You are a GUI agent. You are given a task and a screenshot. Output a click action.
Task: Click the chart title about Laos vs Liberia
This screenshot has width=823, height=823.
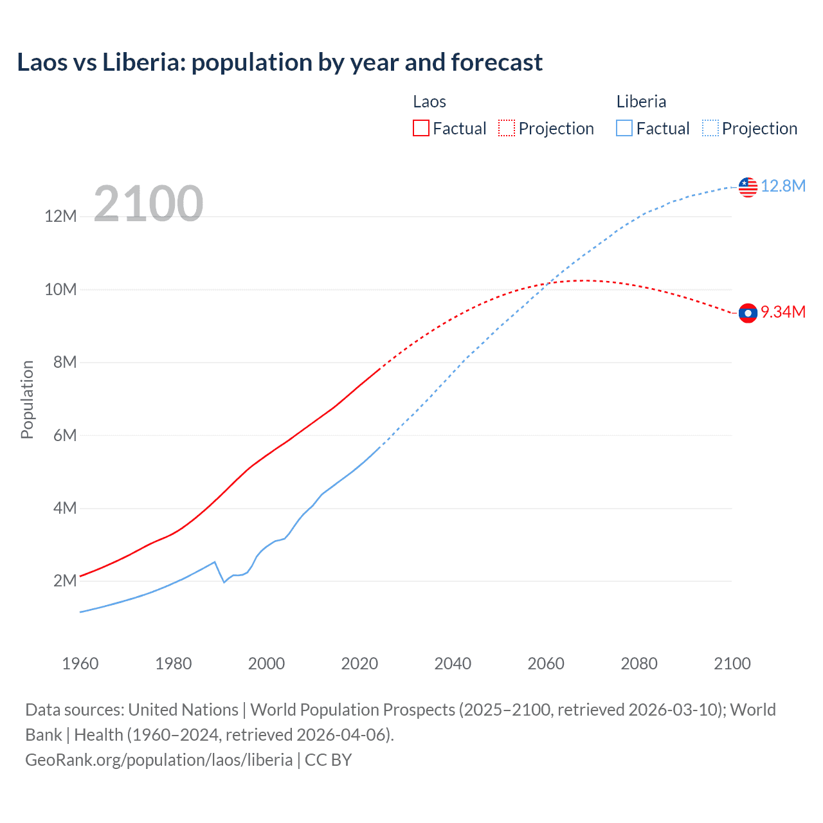click(280, 62)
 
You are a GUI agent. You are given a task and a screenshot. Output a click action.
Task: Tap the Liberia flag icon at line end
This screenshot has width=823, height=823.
click(748, 187)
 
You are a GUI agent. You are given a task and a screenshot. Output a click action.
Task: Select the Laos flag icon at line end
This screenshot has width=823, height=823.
click(748, 313)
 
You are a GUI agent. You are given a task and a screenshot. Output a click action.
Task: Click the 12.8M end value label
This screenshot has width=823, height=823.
click(783, 186)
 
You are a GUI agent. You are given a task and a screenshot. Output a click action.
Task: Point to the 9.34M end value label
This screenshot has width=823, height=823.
click(783, 312)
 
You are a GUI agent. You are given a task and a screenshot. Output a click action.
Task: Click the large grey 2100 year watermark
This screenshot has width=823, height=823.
click(149, 204)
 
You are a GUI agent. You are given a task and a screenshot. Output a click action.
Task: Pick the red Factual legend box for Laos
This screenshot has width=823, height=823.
click(421, 129)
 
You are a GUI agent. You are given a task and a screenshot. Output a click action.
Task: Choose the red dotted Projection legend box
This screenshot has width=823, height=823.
click(507, 129)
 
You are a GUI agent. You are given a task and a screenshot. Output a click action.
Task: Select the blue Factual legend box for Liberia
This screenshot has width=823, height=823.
click(624, 129)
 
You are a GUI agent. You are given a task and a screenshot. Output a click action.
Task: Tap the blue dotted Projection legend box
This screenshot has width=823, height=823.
click(710, 129)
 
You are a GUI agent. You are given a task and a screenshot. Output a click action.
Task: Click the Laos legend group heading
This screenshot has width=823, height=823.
click(430, 102)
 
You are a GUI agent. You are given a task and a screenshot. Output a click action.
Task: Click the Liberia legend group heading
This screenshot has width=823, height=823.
click(641, 102)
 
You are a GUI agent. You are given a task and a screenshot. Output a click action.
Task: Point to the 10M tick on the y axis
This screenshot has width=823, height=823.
click(60, 289)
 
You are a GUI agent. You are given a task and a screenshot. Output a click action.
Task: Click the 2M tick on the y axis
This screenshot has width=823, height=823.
click(65, 581)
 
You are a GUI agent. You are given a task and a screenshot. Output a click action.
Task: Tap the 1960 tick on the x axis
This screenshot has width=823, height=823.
click(80, 664)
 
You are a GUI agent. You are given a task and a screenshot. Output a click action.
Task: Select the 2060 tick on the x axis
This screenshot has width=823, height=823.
click(546, 664)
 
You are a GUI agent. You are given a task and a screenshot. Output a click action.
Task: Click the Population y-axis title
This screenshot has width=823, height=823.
click(27, 399)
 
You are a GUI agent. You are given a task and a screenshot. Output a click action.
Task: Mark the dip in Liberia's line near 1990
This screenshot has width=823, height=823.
click(224, 582)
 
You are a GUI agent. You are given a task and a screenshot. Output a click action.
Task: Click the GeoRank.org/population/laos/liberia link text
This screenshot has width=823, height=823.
click(159, 760)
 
